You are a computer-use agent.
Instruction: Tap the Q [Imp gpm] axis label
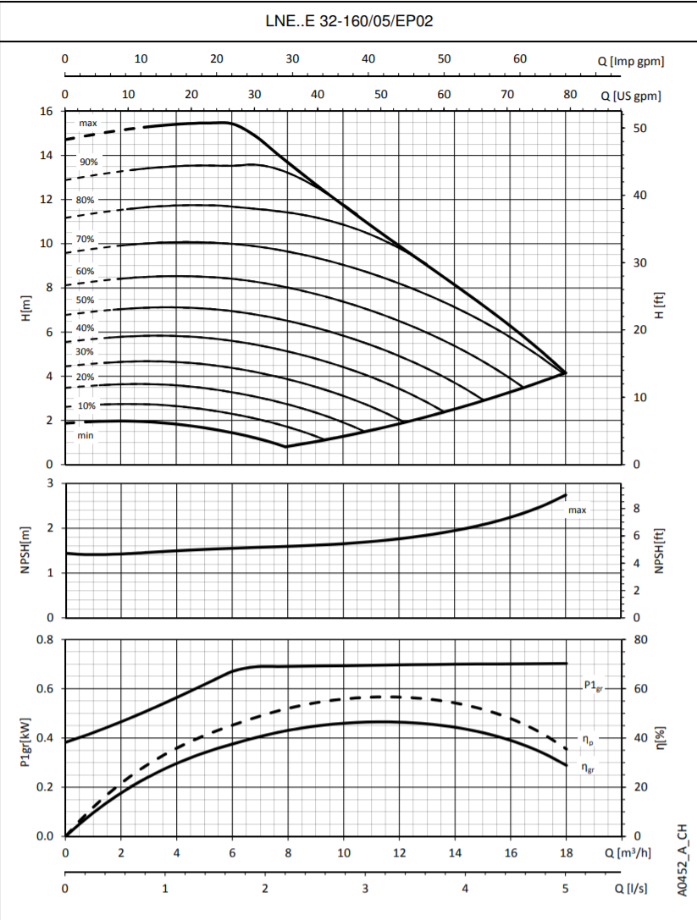click(631, 60)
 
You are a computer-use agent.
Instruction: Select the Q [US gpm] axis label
click(631, 96)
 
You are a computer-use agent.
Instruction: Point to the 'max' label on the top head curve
click(88, 124)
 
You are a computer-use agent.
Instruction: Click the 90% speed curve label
click(89, 161)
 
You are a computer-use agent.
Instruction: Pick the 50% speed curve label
click(86, 300)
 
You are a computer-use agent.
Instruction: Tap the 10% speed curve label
click(86, 406)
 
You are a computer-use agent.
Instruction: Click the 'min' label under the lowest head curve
click(86, 436)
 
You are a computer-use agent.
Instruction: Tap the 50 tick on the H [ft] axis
click(639, 129)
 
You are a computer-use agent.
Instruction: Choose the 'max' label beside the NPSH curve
click(577, 510)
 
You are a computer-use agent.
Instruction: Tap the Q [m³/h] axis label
click(633, 853)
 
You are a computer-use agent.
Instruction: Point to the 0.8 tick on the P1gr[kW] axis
click(45, 639)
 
